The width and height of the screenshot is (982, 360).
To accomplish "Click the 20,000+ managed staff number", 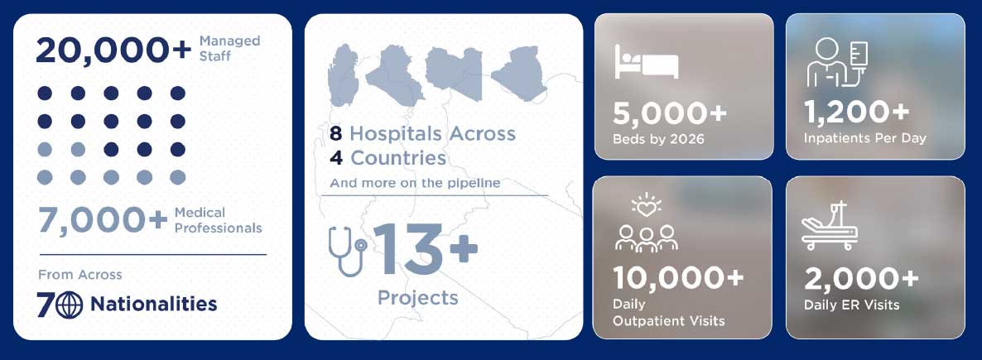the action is pyautogui.click(x=113, y=50).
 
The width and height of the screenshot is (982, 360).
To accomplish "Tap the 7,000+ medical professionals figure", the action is pyautogui.click(x=103, y=220).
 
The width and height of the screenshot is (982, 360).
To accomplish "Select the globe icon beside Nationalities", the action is pyautogui.click(x=69, y=305).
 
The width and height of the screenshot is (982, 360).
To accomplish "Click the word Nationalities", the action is pyautogui.click(x=153, y=305).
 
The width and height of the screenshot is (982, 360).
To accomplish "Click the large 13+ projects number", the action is pyautogui.click(x=426, y=248).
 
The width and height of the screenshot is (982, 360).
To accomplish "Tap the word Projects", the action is pyautogui.click(x=418, y=297).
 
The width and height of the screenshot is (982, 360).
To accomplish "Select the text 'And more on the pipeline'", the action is pyautogui.click(x=415, y=184).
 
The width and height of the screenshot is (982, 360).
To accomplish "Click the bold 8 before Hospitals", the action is pyautogui.click(x=336, y=133).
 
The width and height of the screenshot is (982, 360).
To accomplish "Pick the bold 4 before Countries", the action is pyautogui.click(x=336, y=158).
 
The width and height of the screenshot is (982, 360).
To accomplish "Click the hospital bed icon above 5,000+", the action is pyautogui.click(x=647, y=61).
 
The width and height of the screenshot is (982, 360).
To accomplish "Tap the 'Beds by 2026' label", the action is pyautogui.click(x=658, y=139).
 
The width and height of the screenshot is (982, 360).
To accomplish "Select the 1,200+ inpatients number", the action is pyautogui.click(x=857, y=112).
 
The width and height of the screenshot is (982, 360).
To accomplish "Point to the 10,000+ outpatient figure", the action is pyautogui.click(x=678, y=278).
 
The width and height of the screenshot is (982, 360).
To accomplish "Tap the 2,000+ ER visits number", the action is pyautogui.click(x=861, y=279).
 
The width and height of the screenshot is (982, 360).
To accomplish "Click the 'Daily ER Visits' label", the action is pyautogui.click(x=852, y=305).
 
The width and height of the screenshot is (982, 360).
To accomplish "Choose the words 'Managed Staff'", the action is pyautogui.click(x=230, y=48).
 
